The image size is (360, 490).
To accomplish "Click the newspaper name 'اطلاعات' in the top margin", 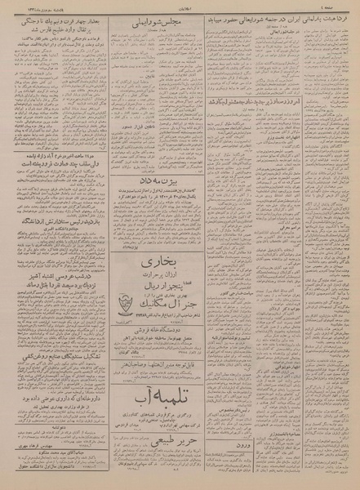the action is tap(180, 7).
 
